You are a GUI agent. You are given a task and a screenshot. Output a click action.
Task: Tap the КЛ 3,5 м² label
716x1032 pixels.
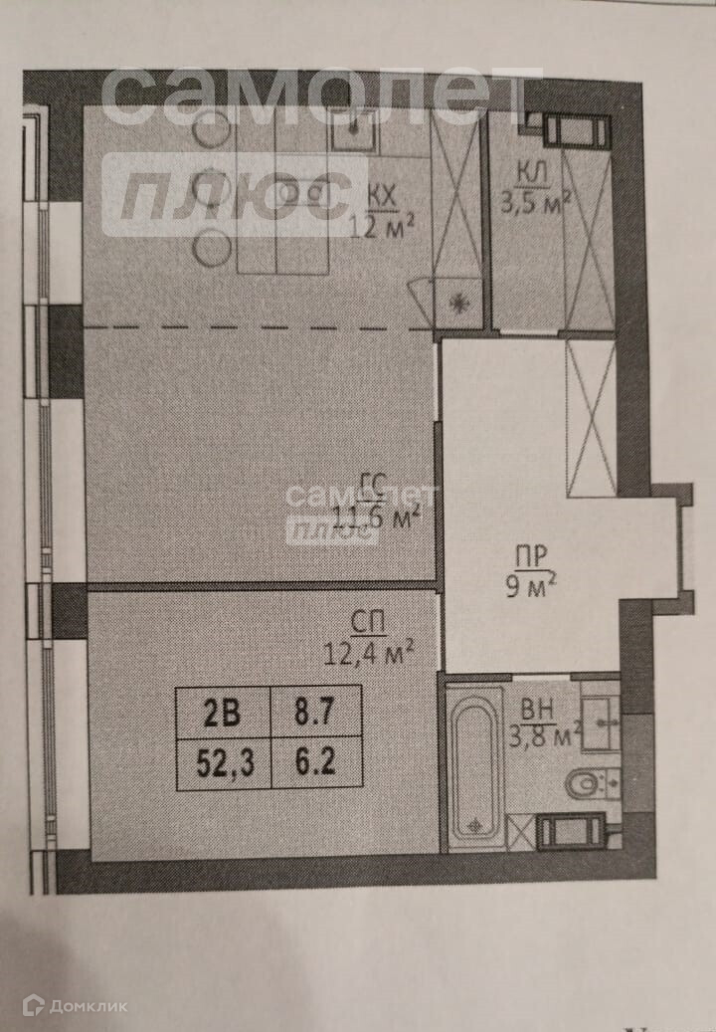pyautogui.click(x=534, y=185)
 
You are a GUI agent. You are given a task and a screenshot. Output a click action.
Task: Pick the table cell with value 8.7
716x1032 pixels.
pyautogui.click(x=315, y=714)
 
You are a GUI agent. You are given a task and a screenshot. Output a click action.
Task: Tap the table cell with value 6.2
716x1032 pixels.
pyautogui.click(x=315, y=763)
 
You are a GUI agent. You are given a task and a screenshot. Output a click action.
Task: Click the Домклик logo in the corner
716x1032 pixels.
pyautogui.click(x=76, y=1006)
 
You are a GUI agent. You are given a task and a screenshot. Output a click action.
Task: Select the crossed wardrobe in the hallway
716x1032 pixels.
pyautogui.click(x=591, y=418)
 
